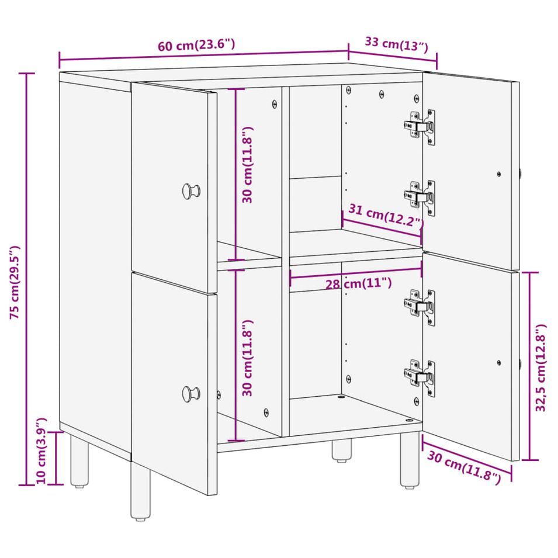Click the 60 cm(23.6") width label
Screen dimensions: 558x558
tap(196, 45)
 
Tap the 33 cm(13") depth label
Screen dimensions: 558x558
tap(396, 44)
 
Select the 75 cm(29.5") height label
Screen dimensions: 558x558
tap(15, 282)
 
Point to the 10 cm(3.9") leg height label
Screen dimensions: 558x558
tap(41, 450)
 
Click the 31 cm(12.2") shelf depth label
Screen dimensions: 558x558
tap(386, 217)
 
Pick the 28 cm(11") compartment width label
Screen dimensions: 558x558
tap(359, 283)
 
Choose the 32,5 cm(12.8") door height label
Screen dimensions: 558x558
tap(540, 368)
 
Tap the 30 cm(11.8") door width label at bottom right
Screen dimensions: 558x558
tap(464, 467)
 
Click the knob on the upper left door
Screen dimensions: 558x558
tap(191, 191)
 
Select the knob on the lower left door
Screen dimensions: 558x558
tap(191, 394)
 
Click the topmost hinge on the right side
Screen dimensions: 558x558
tap(420, 126)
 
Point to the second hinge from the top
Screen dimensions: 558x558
tap(420, 197)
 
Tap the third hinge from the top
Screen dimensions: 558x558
tap(420, 307)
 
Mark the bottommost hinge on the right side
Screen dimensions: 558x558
tap(420, 377)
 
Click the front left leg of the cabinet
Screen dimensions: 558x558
tap(141, 490)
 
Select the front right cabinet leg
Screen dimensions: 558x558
tap(410, 460)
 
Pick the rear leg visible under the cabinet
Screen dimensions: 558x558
tap(342, 450)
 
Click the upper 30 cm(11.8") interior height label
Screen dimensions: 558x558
tap(247, 165)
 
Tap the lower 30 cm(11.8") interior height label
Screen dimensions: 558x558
tap(247, 358)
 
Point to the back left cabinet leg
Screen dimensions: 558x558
tap(79, 461)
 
